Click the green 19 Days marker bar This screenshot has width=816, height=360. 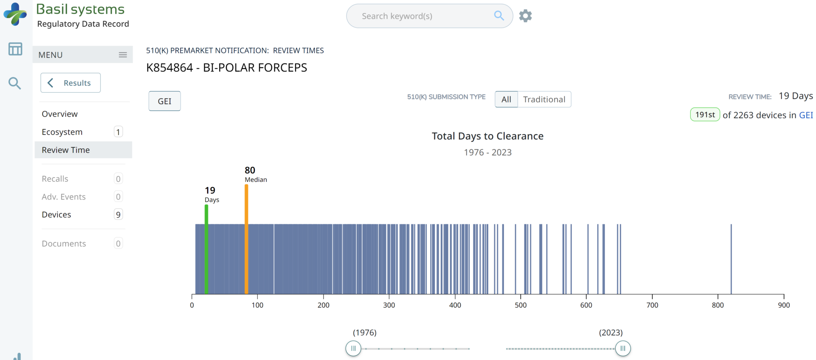[x=206, y=249]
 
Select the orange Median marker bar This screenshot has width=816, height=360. [x=246, y=239]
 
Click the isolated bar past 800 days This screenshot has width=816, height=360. [x=731, y=259]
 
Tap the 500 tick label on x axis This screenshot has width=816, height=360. [x=520, y=305]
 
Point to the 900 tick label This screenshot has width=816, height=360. [x=784, y=305]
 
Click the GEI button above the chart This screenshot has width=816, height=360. [x=165, y=101]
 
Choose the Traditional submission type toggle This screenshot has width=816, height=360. [x=544, y=100]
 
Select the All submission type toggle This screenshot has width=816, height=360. [x=506, y=100]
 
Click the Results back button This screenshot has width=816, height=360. [x=71, y=83]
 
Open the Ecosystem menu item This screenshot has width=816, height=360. [x=62, y=132]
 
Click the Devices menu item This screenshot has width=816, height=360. [x=57, y=215]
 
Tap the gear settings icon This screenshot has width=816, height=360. [x=526, y=16]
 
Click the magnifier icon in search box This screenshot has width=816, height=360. [x=499, y=16]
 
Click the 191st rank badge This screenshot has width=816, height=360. [x=705, y=115]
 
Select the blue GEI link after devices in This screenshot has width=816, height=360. [x=806, y=115]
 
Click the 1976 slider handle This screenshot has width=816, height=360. [x=353, y=348]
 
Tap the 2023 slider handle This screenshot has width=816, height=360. [x=623, y=348]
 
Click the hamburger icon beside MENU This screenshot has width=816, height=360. [x=123, y=55]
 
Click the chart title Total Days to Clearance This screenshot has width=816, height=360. [x=487, y=136]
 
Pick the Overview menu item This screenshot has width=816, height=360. [x=60, y=114]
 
